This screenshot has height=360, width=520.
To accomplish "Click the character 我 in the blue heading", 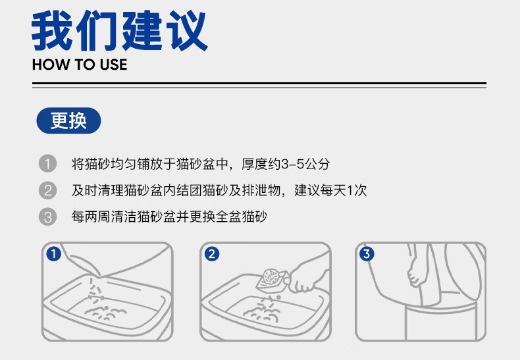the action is [x=52, y=30].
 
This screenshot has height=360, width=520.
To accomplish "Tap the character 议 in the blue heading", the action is [x=187, y=30].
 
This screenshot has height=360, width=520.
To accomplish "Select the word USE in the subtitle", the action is [x=113, y=64].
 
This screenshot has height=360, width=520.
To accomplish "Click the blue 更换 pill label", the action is [x=68, y=120].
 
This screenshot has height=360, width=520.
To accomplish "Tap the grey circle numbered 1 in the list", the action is [x=48, y=164].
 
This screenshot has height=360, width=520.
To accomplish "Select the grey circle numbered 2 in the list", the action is [x=48, y=190].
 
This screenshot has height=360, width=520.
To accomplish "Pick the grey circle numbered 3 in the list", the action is [x=48, y=217].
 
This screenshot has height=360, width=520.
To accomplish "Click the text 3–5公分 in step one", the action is [x=305, y=164].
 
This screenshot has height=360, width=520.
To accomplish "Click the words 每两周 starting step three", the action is [x=91, y=217].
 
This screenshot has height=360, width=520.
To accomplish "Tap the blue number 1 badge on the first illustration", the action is [x=54, y=254].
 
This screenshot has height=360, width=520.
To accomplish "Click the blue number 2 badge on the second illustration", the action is [x=212, y=254].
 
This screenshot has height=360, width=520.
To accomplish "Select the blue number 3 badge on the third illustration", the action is [x=367, y=254].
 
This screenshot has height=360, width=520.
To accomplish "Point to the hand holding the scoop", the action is [x=307, y=277].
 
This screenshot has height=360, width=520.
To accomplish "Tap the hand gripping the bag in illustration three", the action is [x=415, y=272].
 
